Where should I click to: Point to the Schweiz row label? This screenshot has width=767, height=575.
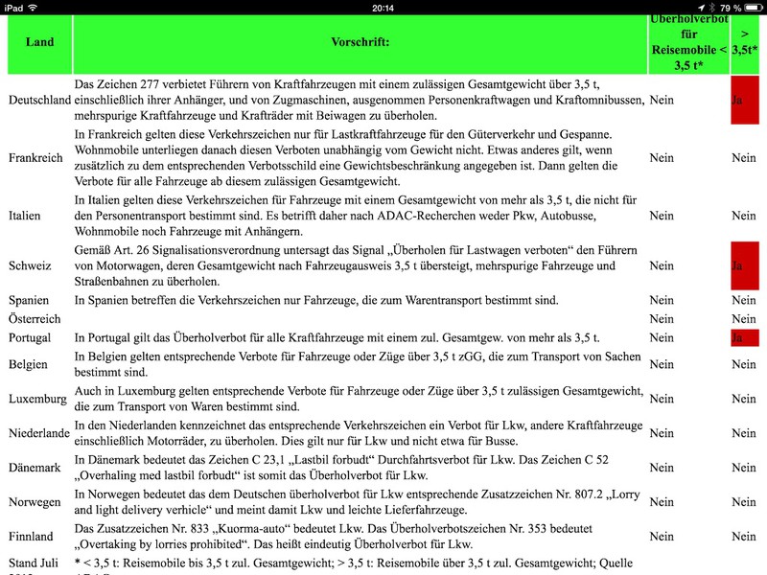(x=30, y=264)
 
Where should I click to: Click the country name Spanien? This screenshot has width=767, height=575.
(x=30, y=301)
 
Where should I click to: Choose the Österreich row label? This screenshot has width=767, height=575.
(x=35, y=319)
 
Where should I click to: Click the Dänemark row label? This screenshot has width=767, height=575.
(x=35, y=468)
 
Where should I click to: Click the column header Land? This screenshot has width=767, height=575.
(x=39, y=43)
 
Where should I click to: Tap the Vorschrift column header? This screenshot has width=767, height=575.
(x=360, y=43)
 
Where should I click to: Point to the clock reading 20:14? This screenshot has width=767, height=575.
(x=383, y=8)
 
